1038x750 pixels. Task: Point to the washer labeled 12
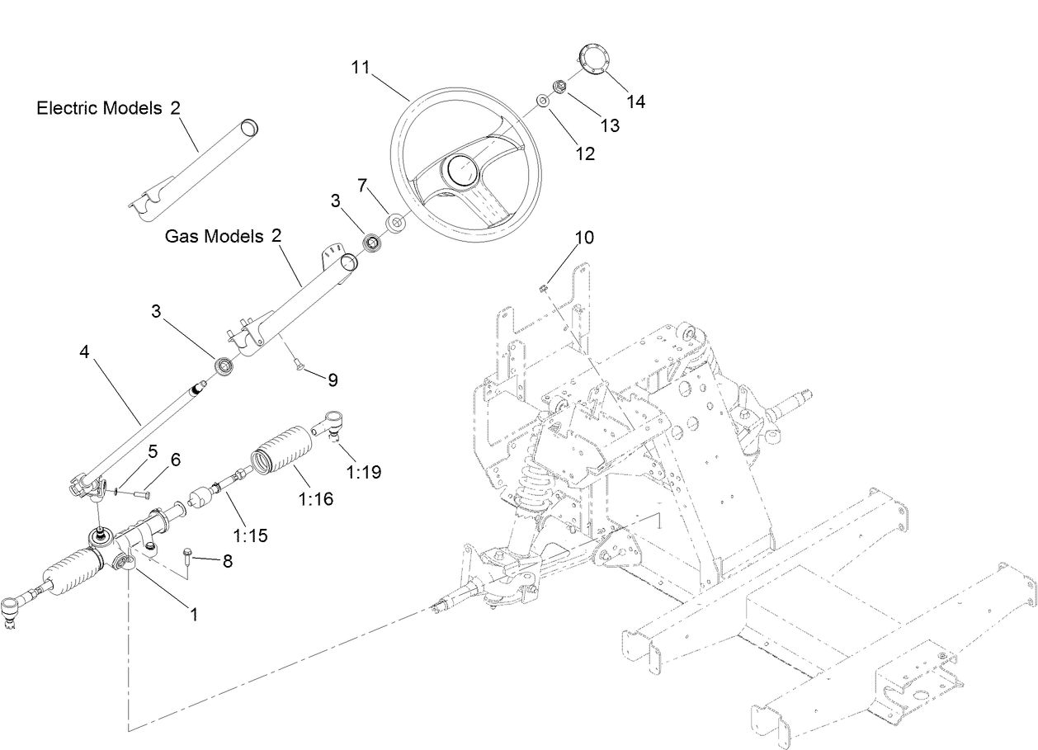(x=543, y=101)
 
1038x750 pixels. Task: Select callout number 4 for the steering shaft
(x=84, y=352)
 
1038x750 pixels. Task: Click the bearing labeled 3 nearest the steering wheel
(x=372, y=243)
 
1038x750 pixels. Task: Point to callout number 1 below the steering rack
(x=193, y=614)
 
